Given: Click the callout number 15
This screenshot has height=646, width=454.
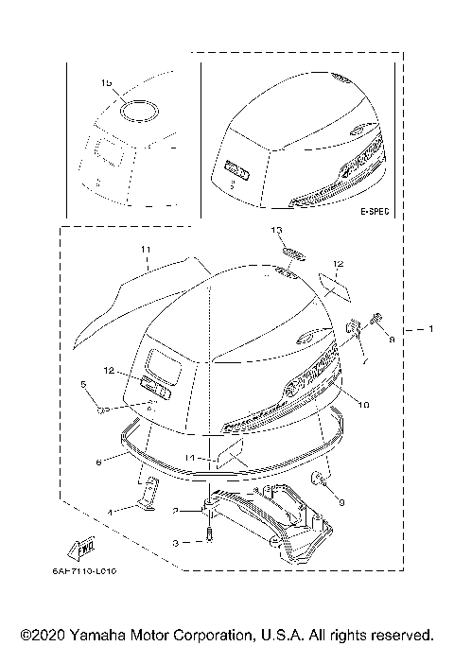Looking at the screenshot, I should click(106, 83).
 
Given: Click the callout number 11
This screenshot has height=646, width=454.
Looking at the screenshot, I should click(146, 249).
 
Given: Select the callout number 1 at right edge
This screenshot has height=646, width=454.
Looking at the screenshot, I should click(430, 329).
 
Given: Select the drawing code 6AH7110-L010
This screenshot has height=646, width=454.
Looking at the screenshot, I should click(97, 570).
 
